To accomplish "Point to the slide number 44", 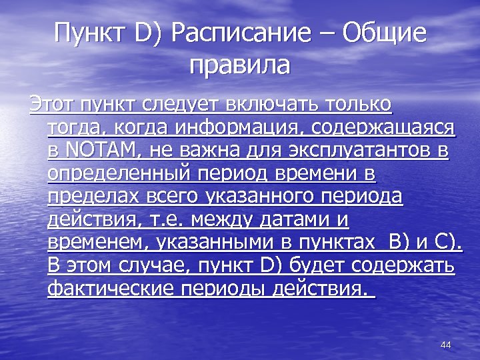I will (x=446, y=345).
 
